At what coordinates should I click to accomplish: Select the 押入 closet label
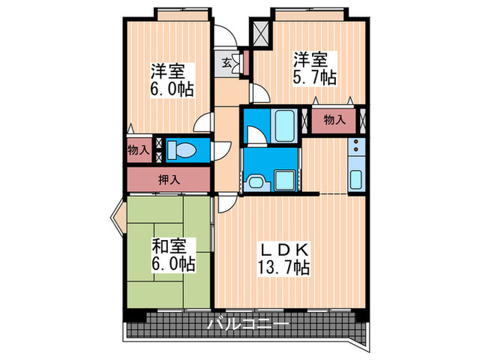click(x=169, y=180)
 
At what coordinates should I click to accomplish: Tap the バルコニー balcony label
click(x=248, y=324)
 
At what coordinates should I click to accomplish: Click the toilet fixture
click(x=181, y=149)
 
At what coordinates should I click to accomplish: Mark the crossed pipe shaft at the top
click(x=261, y=32)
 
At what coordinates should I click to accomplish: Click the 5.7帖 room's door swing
click(x=259, y=94)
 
